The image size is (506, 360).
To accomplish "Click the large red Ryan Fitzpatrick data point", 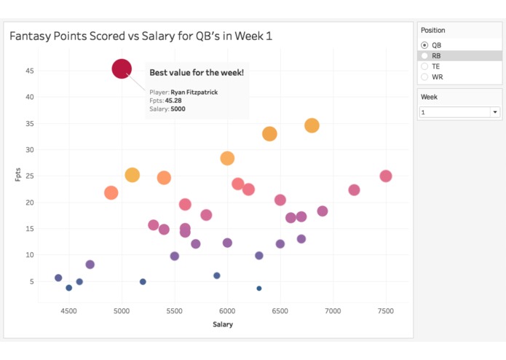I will click(x=122, y=69).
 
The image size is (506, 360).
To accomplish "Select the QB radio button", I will click(x=425, y=45).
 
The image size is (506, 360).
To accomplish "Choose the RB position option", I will click(x=425, y=55).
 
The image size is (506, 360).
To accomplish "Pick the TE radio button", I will click(x=425, y=66).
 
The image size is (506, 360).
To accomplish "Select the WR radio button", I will click(x=425, y=77).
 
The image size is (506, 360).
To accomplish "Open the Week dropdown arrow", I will click(x=495, y=112).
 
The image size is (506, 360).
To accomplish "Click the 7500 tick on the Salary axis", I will click(x=385, y=311).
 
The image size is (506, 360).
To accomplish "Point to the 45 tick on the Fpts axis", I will click(x=29, y=71).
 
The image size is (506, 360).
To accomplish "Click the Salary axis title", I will click(x=223, y=324).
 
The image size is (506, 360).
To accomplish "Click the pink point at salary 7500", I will click(x=386, y=176).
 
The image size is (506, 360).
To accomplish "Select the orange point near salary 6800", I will click(x=312, y=125).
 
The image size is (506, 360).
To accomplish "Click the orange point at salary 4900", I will click(x=111, y=192).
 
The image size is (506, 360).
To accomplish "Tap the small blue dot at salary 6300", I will click(x=259, y=289).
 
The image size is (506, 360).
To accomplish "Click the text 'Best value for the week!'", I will click(x=197, y=73).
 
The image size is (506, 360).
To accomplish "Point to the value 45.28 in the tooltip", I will click(x=178, y=101).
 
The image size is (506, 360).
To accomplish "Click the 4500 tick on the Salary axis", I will click(x=69, y=311).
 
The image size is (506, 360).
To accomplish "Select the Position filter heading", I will click(x=433, y=31).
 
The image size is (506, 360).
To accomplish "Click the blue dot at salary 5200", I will click(x=143, y=281).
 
